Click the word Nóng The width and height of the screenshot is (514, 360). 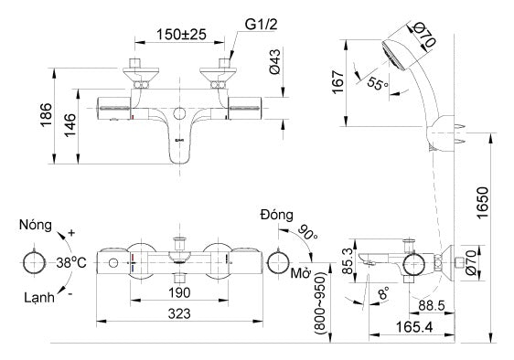pos(37,225)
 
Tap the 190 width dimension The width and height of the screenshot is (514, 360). pos(178,291)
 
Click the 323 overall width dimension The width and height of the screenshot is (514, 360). pos(178,312)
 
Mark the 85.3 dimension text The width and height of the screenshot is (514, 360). pos(347,259)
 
